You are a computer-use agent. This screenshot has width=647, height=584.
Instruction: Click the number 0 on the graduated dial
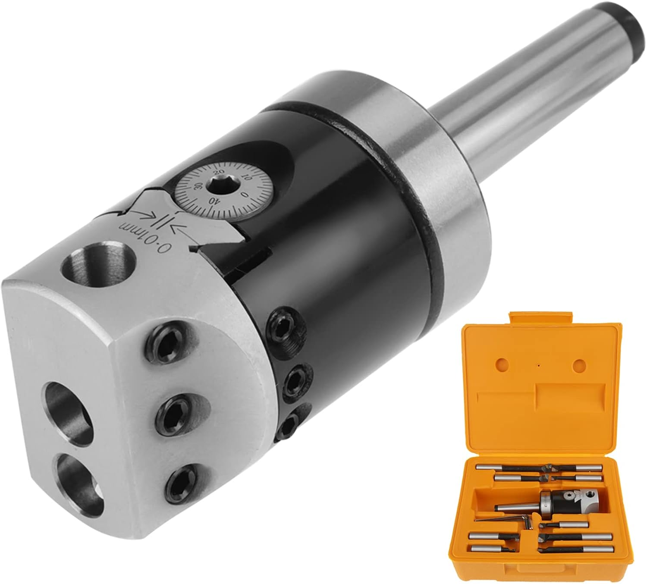244,195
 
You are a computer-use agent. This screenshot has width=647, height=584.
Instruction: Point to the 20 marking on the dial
220,171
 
